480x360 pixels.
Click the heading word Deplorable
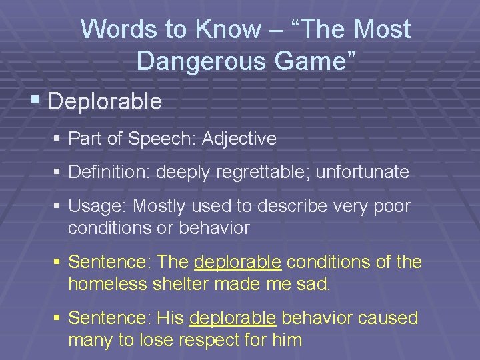(x=105, y=102)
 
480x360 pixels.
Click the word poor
(x=391, y=207)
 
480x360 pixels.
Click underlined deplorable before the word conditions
(x=237, y=263)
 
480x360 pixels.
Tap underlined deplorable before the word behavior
(x=232, y=319)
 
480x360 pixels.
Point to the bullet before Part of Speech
(x=58, y=139)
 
